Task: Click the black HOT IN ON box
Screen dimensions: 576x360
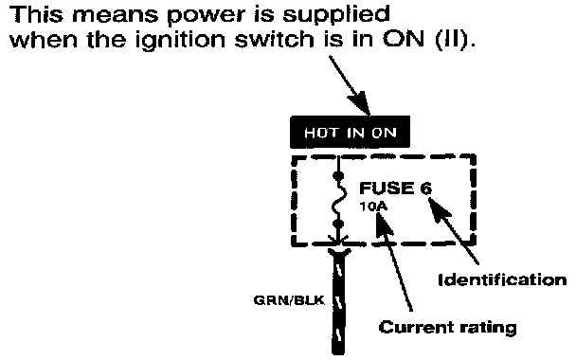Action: (350, 132)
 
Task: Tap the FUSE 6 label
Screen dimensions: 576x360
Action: (395, 189)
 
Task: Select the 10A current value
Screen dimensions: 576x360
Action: (373, 207)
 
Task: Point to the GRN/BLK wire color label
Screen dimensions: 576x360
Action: (289, 300)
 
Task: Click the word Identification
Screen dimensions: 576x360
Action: (502, 279)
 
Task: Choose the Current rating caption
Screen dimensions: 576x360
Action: (447, 327)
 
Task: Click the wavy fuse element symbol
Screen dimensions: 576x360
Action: (339, 200)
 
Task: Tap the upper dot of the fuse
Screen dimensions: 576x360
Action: (338, 176)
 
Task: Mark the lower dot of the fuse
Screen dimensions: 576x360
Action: (338, 224)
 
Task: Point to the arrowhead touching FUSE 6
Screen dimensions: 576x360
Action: (440, 209)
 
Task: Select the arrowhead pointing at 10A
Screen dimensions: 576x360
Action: (384, 225)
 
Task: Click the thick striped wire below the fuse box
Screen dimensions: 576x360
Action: (338, 301)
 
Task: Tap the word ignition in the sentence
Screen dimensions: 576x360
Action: (180, 41)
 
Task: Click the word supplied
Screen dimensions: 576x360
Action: (335, 16)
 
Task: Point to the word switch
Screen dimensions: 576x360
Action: (274, 38)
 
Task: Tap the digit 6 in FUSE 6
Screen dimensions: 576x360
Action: (426, 189)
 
